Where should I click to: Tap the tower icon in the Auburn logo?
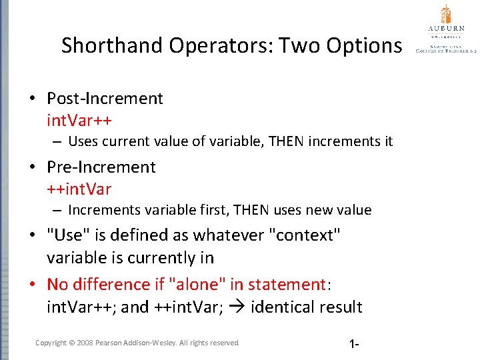tap(446, 14)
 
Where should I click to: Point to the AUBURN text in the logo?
tap(446, 29)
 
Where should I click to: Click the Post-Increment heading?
tap(105, 99)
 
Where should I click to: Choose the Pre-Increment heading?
tap(101, 167)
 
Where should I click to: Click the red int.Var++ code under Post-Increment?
tap(79, 121)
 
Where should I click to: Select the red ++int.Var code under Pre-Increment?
tap(79, 189)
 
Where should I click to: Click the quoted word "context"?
tap(299, 235)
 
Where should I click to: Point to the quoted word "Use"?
tap(65, 235)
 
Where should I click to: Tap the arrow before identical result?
tap(241, 307)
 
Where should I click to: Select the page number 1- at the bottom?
tap(354, 344)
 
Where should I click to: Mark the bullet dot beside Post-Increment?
tap(32, 99)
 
